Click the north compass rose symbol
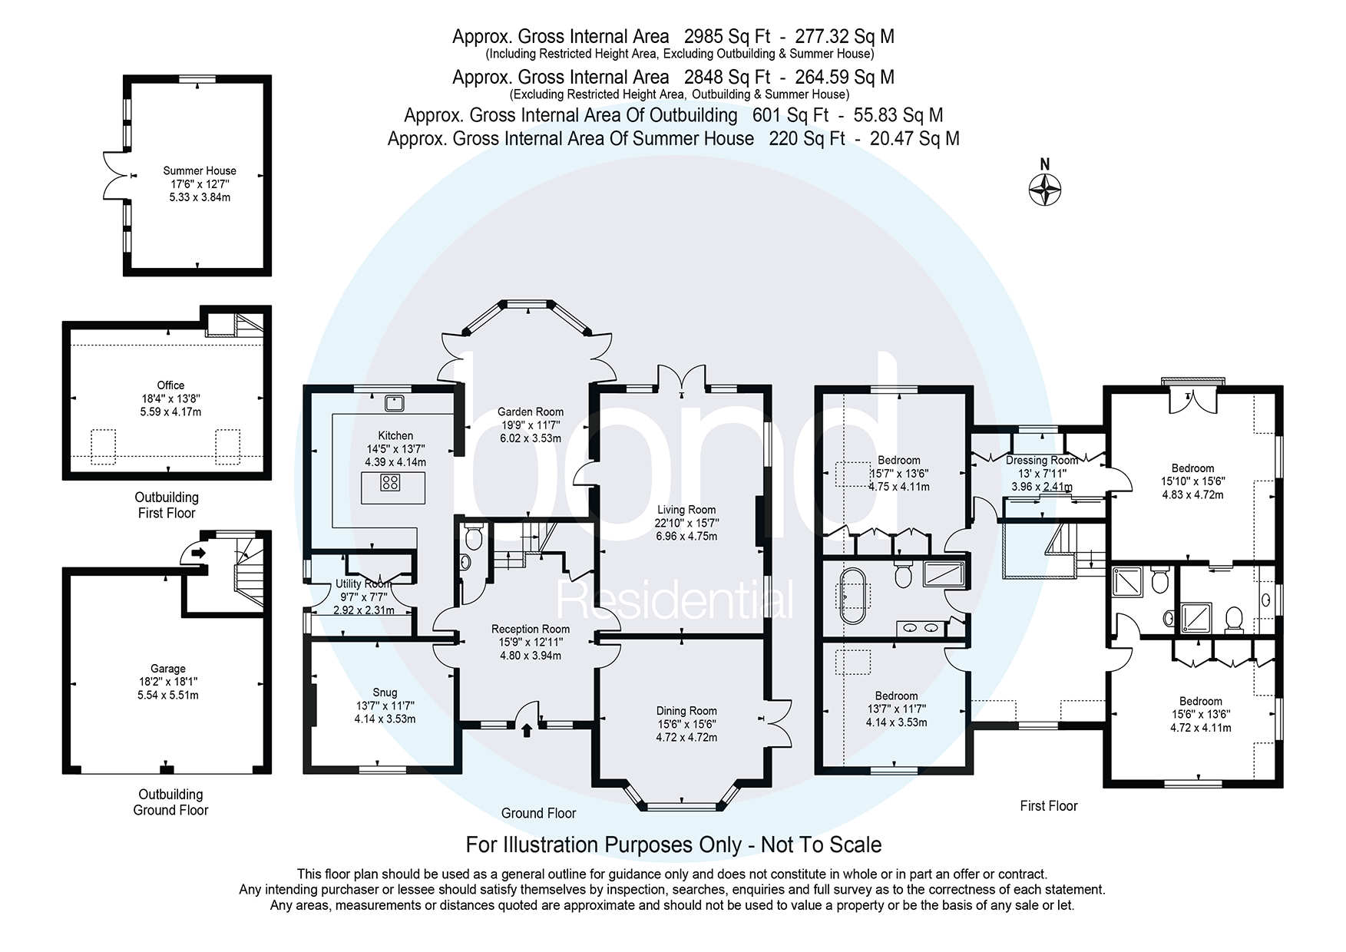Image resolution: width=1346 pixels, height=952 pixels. tap(1044, 187)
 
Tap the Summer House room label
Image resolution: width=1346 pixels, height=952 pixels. tap(200, 171)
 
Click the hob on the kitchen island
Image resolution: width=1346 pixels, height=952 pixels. tap(391, 483)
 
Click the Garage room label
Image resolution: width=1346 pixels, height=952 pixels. tap(167, 669)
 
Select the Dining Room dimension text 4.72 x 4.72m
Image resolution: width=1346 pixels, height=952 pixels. tap(686, 737)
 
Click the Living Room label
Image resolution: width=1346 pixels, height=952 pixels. tap(686, 510)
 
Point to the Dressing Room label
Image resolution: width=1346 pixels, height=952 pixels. tap(1041, 461)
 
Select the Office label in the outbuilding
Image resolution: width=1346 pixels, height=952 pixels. tap(170, 385)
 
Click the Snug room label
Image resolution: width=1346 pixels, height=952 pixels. tap(385, 693)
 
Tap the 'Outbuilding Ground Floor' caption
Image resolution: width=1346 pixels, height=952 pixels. tap(170, 802)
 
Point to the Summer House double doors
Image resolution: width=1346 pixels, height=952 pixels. tap(115, 177)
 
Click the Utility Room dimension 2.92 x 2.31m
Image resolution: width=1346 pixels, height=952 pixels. tap(363, 610)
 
